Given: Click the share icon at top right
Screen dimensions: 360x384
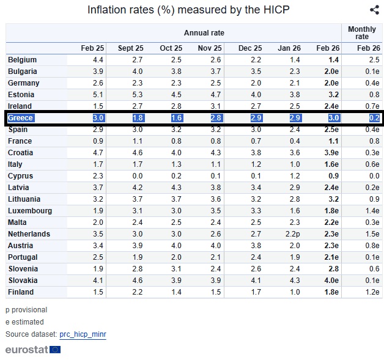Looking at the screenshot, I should point(374,10).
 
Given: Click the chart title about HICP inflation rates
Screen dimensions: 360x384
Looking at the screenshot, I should point(188,10).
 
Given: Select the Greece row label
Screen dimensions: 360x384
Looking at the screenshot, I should point(21,118).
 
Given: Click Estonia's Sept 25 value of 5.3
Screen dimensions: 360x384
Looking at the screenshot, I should point(138,95).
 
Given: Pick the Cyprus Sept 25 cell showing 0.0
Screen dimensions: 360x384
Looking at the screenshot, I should point(138,176).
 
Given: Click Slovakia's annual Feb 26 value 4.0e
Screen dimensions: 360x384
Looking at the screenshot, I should point(330,281).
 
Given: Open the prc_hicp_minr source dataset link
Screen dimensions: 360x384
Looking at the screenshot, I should point(83,334).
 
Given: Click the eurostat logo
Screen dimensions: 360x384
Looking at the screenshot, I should point(33,350).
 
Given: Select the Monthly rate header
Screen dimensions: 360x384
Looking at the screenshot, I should point(361,33).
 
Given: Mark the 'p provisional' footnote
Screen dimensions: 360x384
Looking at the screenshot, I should point(26,310).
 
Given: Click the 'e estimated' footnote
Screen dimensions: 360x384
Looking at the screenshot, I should point(24,322).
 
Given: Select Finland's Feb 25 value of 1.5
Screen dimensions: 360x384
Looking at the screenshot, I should point(97,292).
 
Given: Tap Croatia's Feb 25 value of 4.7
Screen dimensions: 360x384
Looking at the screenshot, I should point(97,153).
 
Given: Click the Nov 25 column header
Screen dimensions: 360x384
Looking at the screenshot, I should point(211,48).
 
